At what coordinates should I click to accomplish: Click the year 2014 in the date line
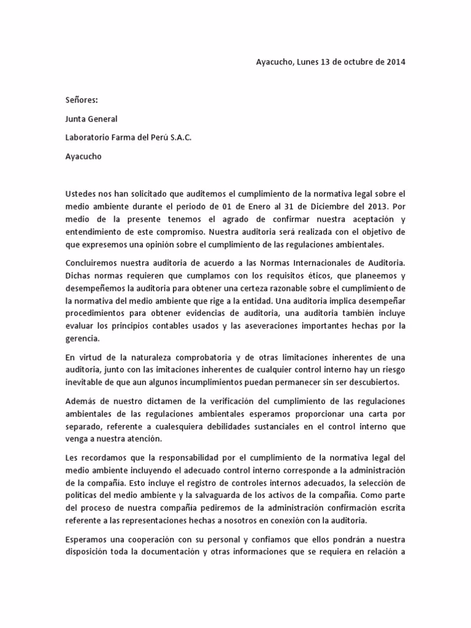tap(396, 62)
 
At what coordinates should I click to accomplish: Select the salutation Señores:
tap(82, 100)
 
